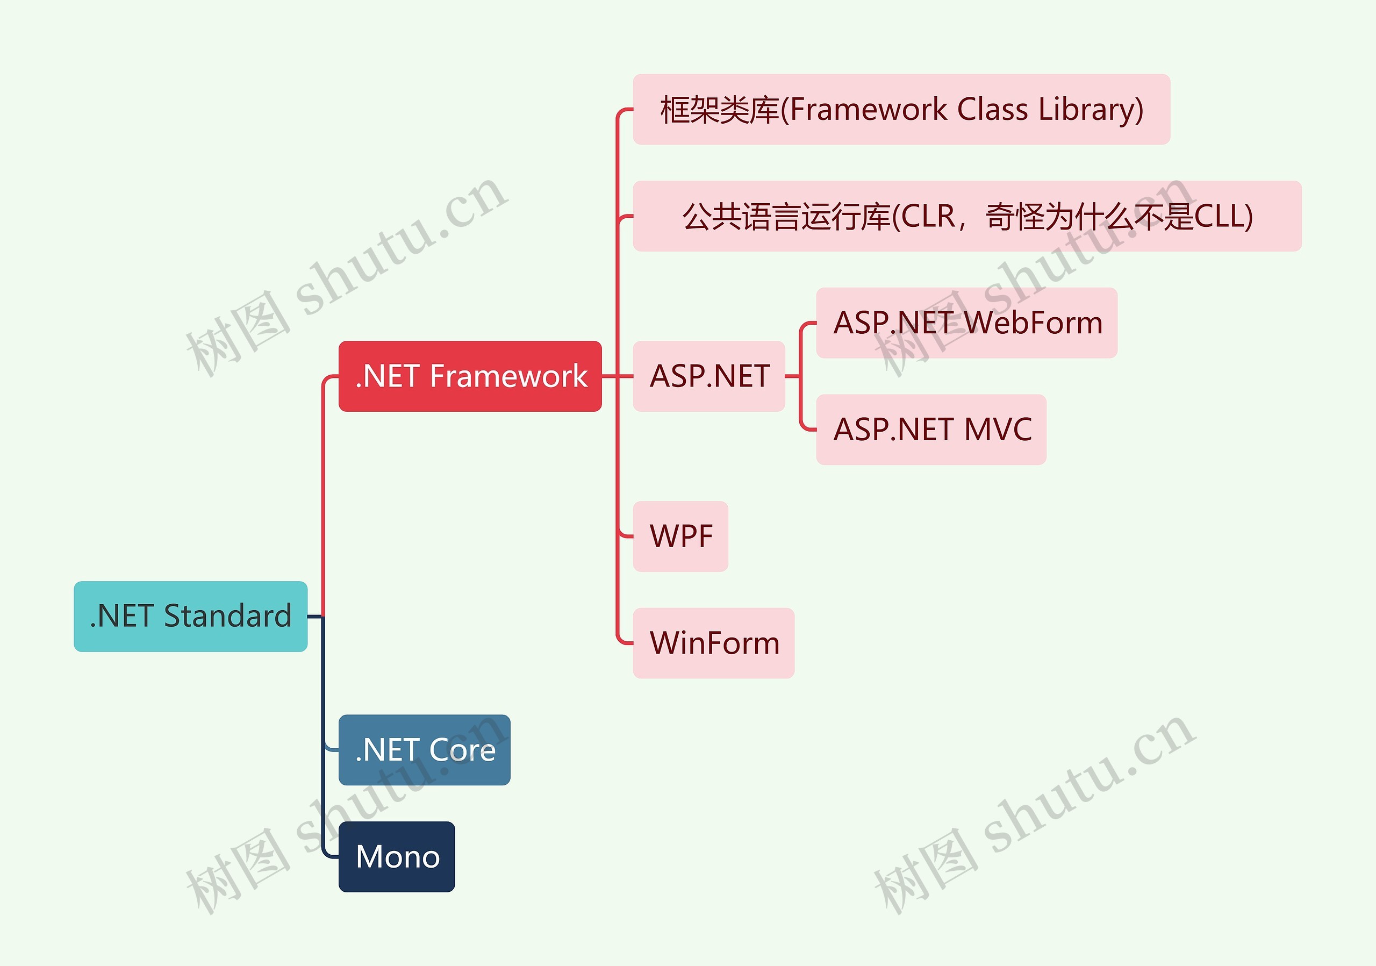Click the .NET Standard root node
(x=191, y=616)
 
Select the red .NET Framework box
(x=470, y=376)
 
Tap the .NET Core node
(x=424, y=750)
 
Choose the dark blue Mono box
(x=397, y=856)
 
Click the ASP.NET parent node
(x=709, y=376)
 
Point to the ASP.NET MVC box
(x=931, y=430)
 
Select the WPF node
(x=681, y=536)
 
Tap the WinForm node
(x=714, y=643)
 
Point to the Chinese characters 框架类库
(x=719, y=110)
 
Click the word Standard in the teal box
(x=228, y=616)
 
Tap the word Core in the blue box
(x=463, y=750)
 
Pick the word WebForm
(x=1034, y=323)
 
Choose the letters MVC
(x=998, y=430)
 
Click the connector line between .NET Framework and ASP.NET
(x=617, y=376)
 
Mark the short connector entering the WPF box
(x=625, y=536)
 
